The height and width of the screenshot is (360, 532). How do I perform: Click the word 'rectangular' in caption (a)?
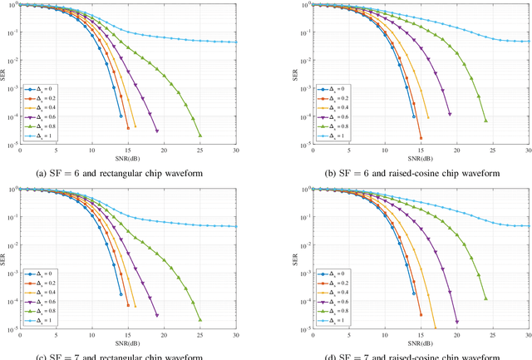tap(131, 172)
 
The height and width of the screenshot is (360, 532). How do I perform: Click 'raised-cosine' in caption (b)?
tap(406, 172)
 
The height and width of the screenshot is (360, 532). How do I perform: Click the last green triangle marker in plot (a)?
tap(199, 136)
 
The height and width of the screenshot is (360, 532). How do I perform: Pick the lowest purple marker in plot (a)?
tap(156, 131)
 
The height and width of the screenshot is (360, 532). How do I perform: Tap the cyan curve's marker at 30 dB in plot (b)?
tap(528, 42)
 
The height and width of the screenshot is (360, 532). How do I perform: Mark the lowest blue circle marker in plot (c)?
tap(121, 294)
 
